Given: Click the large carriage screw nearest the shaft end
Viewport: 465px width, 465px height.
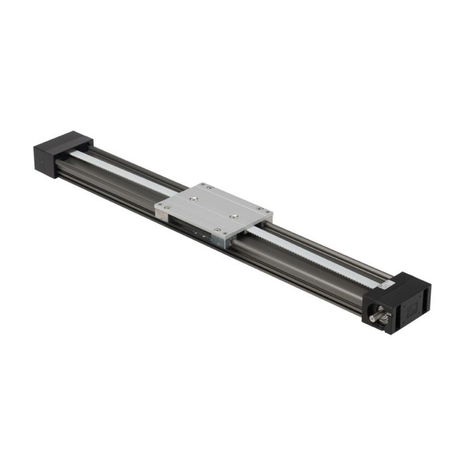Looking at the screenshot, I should click(233, 217).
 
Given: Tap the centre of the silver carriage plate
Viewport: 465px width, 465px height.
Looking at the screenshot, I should click(214, 209).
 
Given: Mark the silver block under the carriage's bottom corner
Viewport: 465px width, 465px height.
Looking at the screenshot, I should click(221, 239).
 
